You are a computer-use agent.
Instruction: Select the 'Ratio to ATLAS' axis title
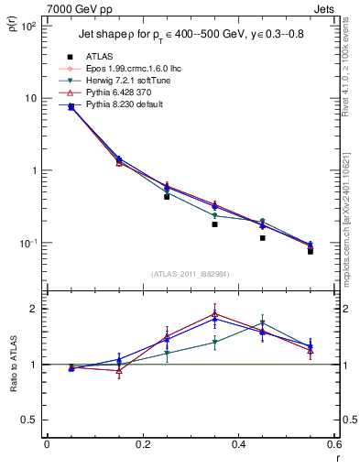[11, 365]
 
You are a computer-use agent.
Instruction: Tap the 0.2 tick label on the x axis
[142, 445]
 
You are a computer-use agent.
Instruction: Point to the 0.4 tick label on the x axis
[238, 445]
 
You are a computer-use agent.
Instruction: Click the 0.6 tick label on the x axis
[333, 445]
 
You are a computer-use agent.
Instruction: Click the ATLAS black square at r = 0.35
[214, 224]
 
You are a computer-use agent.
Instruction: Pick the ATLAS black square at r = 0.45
[262, 238]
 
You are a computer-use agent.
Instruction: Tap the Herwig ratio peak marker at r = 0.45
[262, 322]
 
